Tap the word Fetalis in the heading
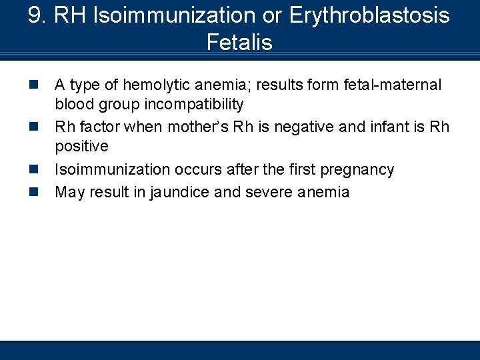(239, 43)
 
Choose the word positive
(81, 146)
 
